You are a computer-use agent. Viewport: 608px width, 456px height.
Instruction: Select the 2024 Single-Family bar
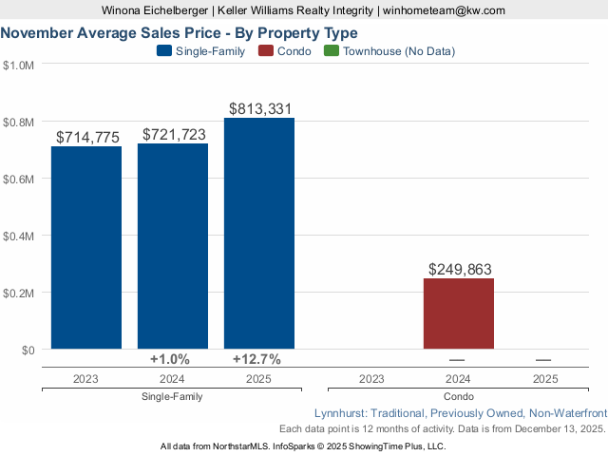173,246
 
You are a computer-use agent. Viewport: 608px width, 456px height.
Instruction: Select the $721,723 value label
174,135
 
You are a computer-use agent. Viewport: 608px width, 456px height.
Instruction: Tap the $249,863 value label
460,270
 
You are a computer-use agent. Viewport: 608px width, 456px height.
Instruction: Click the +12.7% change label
256,359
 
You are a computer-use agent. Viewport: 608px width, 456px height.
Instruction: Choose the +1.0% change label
171,359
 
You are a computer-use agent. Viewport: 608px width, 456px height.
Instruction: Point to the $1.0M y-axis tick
19,66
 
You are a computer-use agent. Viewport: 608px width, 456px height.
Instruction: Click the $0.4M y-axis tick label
19,236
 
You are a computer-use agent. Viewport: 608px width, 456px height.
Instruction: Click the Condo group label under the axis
459,395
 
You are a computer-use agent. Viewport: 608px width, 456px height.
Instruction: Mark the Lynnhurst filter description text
459,413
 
